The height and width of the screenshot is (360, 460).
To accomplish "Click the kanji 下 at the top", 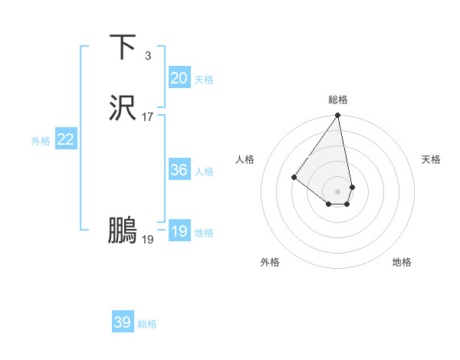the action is pyautogui.click(x=123, y=47).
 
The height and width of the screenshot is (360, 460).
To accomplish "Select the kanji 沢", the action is pyautogui.click(x=123, y=109).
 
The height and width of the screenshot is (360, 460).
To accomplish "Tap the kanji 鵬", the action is pyautogui.click(x=123, y=231).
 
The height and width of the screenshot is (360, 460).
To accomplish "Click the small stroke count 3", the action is pyautogui.click(x=147, y=56).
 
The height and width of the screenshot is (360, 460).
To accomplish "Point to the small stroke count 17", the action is pyautogui.click(x=148, y=117).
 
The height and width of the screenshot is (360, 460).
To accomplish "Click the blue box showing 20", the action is pyautogui.click(x=179, y=78).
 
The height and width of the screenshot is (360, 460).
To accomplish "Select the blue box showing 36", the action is pyautogui.click(x=179, y=170).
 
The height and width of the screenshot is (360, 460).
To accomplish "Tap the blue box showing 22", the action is pyautogui.click(x=66, y=139).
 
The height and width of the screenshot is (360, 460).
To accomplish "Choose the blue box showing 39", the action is pyautogui.click(x=123, y=322).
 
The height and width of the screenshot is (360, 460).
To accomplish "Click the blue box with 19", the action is pyautogui.click(x=179, y=231).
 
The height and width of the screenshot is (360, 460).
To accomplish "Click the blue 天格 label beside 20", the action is pyautogui.click(x=204, y=80).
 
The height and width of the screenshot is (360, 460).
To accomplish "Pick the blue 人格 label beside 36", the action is pyautogui.click(x=204, y=172).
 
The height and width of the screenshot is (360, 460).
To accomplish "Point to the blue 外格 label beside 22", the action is pyautogui.click(x=41, y=141).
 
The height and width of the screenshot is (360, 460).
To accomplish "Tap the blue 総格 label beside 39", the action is pyautogui.click(x=148, y=324).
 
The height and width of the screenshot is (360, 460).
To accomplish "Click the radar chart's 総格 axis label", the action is pyautogui.click(x=338, y=100).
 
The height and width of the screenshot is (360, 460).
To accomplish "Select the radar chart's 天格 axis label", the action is pyautogui.click(x=431, y=159).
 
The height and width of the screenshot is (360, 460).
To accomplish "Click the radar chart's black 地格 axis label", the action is pyautogui.click(x=402, y=262).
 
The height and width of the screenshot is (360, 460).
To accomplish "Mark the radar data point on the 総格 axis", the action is pyautogui.click(x=338, y=116).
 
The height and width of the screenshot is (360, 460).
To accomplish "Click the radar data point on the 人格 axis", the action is pyautogui.click(x=294, y=177).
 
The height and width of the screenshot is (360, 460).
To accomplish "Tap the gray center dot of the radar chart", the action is pyautogui.click(x=338, y=191).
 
